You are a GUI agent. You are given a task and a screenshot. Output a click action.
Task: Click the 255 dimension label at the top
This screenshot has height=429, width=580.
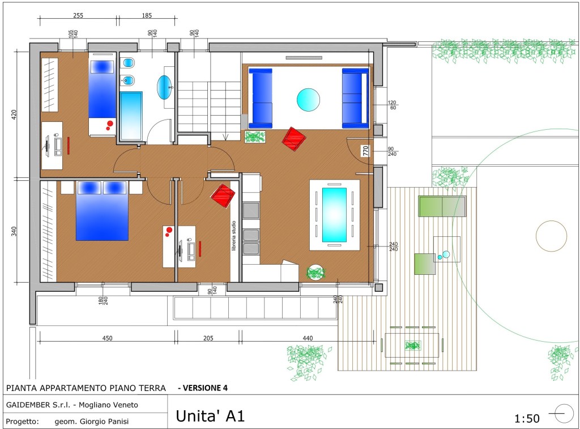78,15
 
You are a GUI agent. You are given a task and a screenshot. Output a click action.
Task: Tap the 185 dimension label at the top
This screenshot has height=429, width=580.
147,15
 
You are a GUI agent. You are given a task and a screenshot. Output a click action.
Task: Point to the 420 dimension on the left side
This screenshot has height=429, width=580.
14,114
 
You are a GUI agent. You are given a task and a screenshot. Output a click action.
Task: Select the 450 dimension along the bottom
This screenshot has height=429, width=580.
107,338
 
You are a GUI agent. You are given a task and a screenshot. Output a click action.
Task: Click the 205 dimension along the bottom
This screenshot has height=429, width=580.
208,338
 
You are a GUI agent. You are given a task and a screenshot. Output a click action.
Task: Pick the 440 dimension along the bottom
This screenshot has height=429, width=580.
308,338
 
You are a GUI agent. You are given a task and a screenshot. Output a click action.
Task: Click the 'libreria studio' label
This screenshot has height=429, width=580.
234,236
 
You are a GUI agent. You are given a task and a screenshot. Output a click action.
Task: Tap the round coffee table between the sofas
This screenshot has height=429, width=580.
308,100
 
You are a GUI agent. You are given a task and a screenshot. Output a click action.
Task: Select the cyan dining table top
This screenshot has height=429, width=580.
334,215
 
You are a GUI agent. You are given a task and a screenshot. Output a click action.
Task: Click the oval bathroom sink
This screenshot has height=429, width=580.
164,87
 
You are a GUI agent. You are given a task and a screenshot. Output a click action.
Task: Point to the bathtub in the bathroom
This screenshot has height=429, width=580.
131,116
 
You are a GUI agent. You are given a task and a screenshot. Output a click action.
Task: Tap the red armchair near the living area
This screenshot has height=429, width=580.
294,139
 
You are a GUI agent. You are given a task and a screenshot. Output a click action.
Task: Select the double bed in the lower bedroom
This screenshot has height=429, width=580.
102,211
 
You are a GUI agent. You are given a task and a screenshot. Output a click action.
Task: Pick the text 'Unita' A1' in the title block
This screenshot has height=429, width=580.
210,415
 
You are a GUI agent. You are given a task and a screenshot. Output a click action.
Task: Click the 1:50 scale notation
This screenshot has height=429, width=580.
527,418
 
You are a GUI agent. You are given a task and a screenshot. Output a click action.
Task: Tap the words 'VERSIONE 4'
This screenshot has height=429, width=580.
205,388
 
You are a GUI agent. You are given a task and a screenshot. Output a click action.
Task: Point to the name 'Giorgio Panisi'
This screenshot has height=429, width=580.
104,421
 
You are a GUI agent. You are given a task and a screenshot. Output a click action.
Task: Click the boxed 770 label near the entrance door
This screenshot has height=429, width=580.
365,151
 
